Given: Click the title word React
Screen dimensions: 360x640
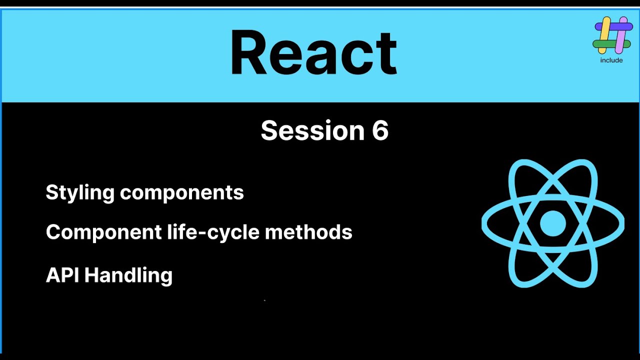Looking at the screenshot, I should coord(313,53).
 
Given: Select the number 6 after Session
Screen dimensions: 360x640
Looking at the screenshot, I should coord(380,131).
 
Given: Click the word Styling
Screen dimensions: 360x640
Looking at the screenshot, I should coord(80,193).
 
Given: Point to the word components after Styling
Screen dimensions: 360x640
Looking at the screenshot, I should coord(182,193).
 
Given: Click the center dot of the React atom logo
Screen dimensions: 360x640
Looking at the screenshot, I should coord(553,223).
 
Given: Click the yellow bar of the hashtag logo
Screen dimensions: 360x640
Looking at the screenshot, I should coord(604,35).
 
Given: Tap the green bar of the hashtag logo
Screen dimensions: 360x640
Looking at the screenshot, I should coord(604,44).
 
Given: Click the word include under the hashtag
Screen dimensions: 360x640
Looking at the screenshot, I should coord(611,60).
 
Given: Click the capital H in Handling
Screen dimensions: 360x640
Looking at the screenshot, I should coord(91,275).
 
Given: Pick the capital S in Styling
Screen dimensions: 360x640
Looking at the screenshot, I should coord(52,192).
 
